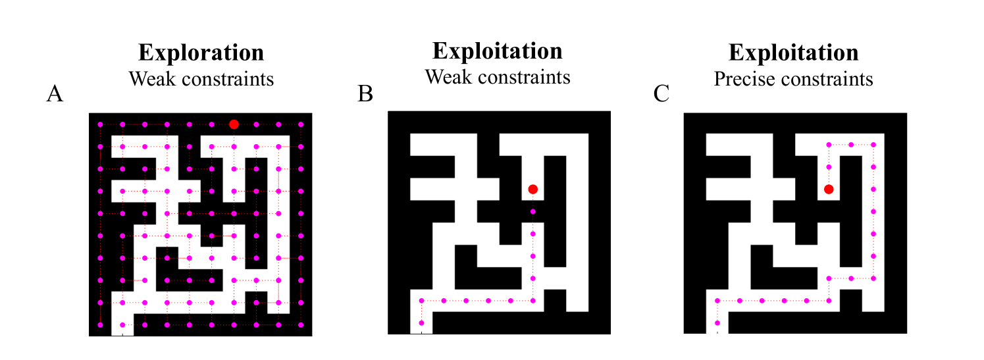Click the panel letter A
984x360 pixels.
pyautogui.click(x=55, y=95)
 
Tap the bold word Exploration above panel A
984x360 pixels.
pyautogui.click(x=201, y=53)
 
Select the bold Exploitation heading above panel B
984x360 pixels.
pyautogui.click(x=497, y=51)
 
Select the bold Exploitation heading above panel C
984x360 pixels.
pyautogui.click(x=793, y=53)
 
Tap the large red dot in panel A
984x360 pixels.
pyautogui.click(x=234, y=124)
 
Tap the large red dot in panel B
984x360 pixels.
pyautogui.click(x=532, y=189)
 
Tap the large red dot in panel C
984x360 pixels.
pyautogui.click(x=829, y=189)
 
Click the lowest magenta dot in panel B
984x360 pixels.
pyautogui.click(x=421, y=322)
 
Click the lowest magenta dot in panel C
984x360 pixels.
pyautogui.click(x=717, y=322)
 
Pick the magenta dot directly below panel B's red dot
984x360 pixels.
pyautogui.click(x=532, y=211)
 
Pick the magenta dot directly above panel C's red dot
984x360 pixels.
pyautogui.click(x=829, y=167)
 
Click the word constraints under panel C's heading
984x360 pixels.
pyautogui.click(x=835, y=80)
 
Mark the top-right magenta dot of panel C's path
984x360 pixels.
pyautogui.click(x=873, y=145)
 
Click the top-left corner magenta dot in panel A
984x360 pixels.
pyautogui.click(x=100, y=124)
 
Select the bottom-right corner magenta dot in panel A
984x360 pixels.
pyautogui.click(x=301, y=324)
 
